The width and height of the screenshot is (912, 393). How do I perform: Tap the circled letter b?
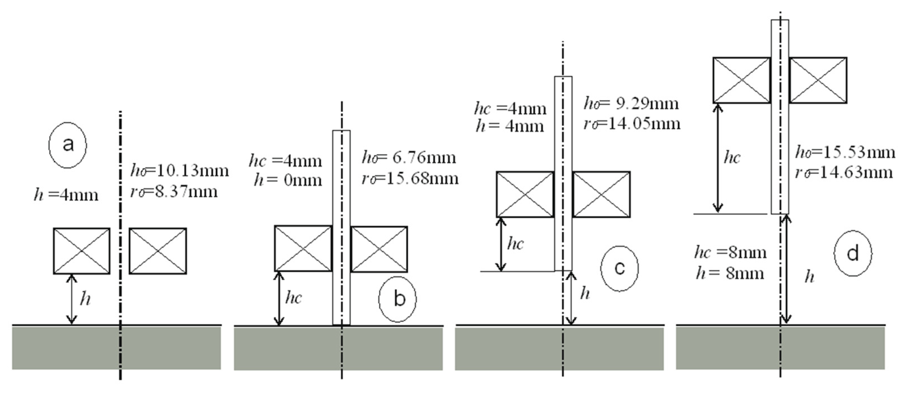pyautogui.click(x=398, y=299)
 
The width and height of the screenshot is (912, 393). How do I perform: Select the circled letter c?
pyautogui.click(x=619, y=268)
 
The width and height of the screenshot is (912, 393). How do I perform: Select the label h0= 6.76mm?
pyautogui.click(x=409, y=158)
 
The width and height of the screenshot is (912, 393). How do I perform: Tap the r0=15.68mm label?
pyautogui.click(x=410, y=178)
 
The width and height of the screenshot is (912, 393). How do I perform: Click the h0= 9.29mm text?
pyautogui.click(x=631, y=104)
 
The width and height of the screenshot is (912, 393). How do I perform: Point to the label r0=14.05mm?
pyautogui.click(x=632, y=124)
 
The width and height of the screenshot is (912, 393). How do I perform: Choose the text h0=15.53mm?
pyautogui.click(x=845, y=153)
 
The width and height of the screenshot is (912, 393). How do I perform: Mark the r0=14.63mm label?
pyautogui.click(x=844, y=173)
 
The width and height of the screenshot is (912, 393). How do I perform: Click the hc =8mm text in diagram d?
pyautogui.click(x=730, y=253)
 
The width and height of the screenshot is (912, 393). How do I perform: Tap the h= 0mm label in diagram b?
pyautogui.click(x=288, y=180)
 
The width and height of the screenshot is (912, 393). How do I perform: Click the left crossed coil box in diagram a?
pyautogui.click(x=82, y=251)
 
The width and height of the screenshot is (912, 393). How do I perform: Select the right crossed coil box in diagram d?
pyautogui.click(x=818, y=80)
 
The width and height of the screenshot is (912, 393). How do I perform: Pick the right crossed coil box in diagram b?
pyautogui.click(x=379, y=249)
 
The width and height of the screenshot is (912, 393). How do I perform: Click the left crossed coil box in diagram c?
pyautogui.click(x=525, y=195)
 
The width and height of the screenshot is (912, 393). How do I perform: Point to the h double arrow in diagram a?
pyautogui.click(x=72, y=299)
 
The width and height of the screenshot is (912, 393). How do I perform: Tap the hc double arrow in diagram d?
pyautogui.click(x=718, y=158)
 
